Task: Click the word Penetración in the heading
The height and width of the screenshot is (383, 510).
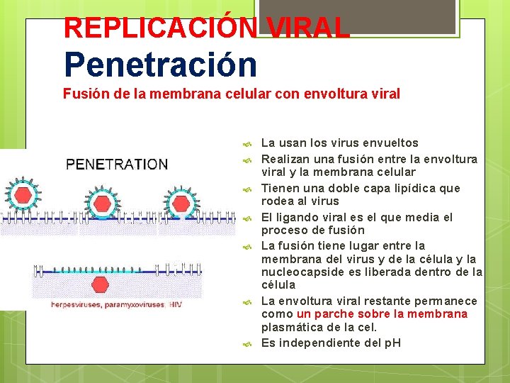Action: [x=160, y=64]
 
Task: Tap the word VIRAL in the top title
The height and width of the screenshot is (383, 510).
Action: [x=309, y=28]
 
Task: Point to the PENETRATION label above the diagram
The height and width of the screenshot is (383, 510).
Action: [x=117, y=165]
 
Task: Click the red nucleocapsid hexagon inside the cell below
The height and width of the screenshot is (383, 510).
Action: [x=101, y=284]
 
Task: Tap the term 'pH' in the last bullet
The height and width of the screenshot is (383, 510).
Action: [x=392, y=343]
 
